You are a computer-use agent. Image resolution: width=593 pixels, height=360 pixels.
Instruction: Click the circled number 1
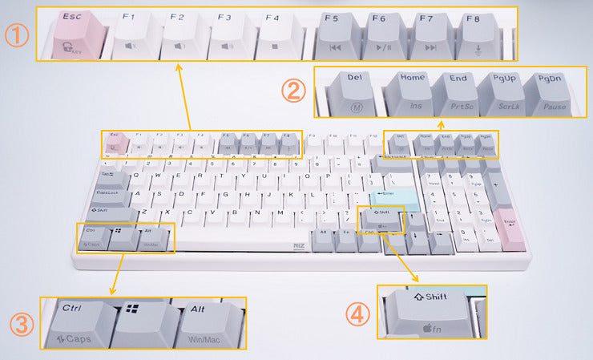pos(17,35)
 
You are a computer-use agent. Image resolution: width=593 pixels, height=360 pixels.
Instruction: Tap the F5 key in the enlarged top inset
pos(338,36)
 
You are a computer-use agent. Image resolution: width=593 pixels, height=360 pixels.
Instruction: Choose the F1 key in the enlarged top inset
pos(135,36)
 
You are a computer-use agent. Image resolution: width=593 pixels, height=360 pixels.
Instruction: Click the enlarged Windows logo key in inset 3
pos(143,324)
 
